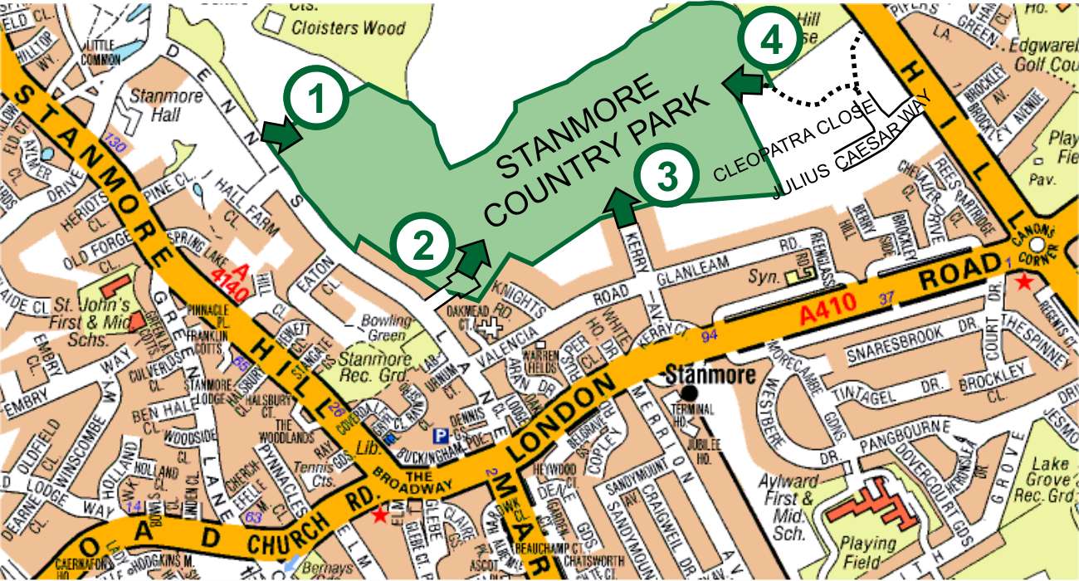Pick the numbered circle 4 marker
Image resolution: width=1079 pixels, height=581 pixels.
point(771,40)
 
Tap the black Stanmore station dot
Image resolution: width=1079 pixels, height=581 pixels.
point(688,392)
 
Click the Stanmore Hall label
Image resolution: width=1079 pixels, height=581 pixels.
point(172,104)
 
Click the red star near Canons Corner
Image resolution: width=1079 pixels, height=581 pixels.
point(1024,283)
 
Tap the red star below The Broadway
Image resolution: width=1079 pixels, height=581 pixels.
point(380,515)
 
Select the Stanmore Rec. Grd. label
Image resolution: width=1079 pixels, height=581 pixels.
point(378,366)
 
